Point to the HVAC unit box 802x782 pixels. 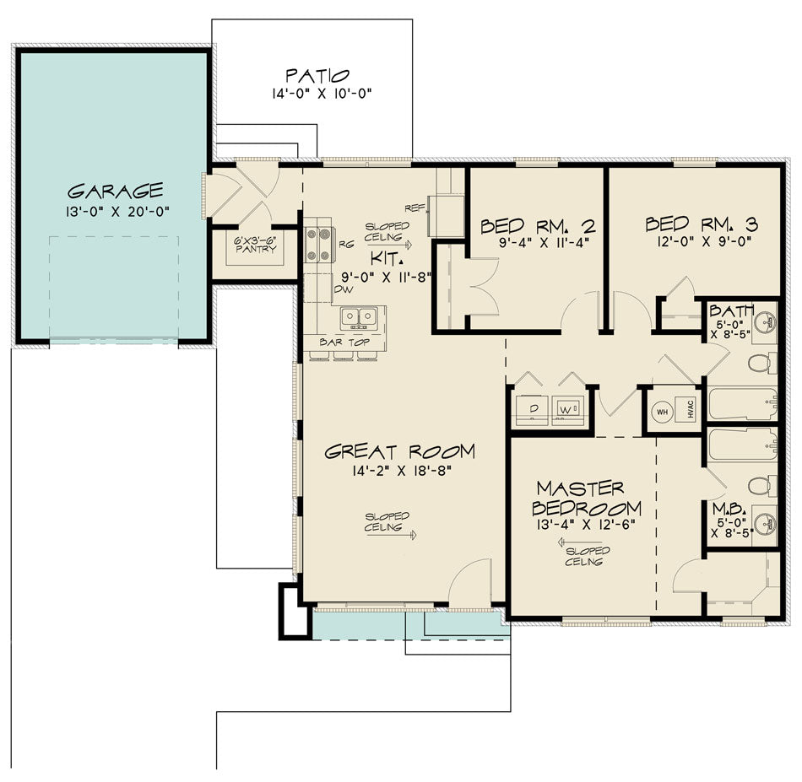[690, 411]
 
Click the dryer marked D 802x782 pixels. [533, 410]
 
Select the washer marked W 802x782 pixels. [565, 410]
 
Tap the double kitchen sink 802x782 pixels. [359, 318]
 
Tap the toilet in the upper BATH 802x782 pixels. [759, 363]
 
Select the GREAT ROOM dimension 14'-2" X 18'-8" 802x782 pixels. [399, 472]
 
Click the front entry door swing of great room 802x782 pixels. [469, 586]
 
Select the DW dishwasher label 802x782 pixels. [343, 289]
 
